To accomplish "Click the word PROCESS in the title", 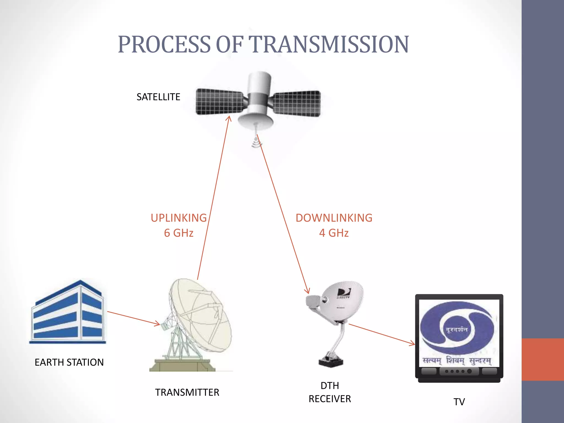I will point(164,44).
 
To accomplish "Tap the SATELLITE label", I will point(158,97).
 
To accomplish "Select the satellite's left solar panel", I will point(219,102).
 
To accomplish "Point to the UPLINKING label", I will point(179,218).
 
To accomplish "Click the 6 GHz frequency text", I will point(179,233).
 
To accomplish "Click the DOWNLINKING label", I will point(334,218).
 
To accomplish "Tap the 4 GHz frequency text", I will point(334,233).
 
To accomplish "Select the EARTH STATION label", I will point(69,362).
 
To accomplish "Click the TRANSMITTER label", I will point(187,392).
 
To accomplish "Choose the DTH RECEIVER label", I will point(330,392).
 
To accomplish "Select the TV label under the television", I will point(459,402).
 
